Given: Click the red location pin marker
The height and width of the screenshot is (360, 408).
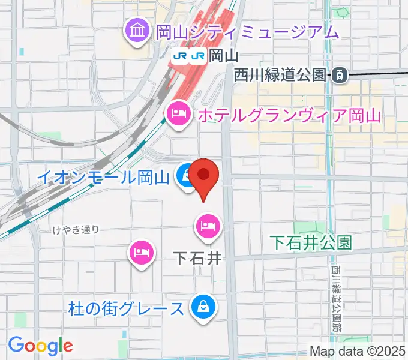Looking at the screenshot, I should click(x=205, y=176).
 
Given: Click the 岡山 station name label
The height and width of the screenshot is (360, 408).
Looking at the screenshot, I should click(x=224, y=56).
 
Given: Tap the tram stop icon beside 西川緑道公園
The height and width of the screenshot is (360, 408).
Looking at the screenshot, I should click(x=340, y=74).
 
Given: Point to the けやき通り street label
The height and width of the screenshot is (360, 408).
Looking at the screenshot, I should click(x=75, y=229).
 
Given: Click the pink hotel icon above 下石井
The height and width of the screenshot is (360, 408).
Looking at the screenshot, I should click(x=208, y=226).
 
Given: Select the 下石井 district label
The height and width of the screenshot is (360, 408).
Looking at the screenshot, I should click(x=197, y=259).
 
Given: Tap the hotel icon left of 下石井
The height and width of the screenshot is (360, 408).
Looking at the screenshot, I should click(x=142, y=250).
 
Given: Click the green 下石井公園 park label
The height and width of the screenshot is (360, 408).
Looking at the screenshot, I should click(x=310, y=242).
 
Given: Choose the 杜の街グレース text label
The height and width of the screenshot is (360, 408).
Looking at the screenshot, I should click(x=126, y=309).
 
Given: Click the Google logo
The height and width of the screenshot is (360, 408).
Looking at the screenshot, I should click(x=40, y=345).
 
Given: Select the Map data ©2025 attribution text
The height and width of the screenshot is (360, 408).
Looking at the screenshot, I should click(x=357, y=352).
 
